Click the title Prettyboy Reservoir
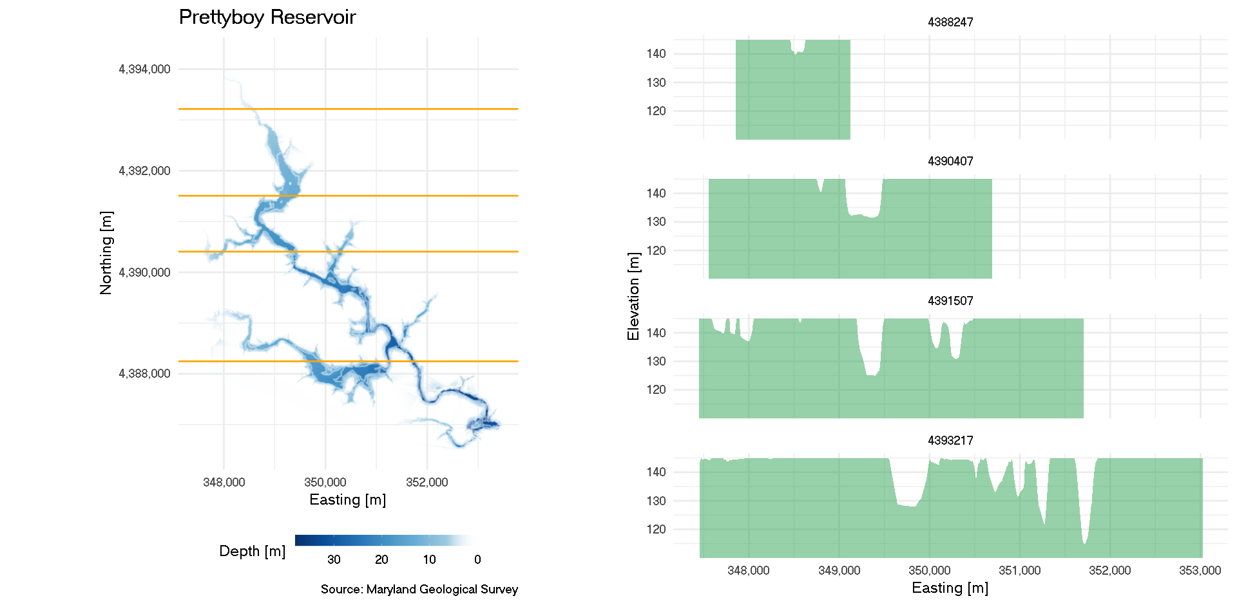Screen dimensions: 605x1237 click(x=267, y=17)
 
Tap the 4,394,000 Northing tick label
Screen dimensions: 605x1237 click(x=144, y=70)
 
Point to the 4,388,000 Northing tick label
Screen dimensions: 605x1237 click(x=144, y=374)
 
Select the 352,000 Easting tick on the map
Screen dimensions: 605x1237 click(x=427, y=482)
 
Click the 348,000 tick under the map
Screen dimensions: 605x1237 click(x=224, y=482)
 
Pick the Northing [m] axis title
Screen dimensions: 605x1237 click(x=106, y=253)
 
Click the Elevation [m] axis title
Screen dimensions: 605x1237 click(x=633, y=296)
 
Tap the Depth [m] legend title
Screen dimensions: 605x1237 click(x=252, y=551)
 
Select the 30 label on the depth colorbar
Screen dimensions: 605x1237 click(x=334, y=559)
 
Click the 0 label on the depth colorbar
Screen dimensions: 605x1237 click(x=477, y=559)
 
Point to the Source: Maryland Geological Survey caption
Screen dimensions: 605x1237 click(x=419, y=589)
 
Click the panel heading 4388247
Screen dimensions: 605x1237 click(x=950, y=22)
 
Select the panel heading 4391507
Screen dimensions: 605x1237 click(x=950, y=301)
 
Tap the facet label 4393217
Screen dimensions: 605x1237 click(x=950, y=440)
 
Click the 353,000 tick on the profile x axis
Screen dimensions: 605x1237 click(x=1200, y=570)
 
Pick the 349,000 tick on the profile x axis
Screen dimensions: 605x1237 click(x=839, y=570)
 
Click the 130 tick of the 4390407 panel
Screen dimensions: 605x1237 click(x=656, y=221)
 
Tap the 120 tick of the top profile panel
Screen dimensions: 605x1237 click(x=656, y=111)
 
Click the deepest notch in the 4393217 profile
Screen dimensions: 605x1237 click(x=1085, y=543)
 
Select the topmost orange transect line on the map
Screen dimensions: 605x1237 click(x=348, y=109)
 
